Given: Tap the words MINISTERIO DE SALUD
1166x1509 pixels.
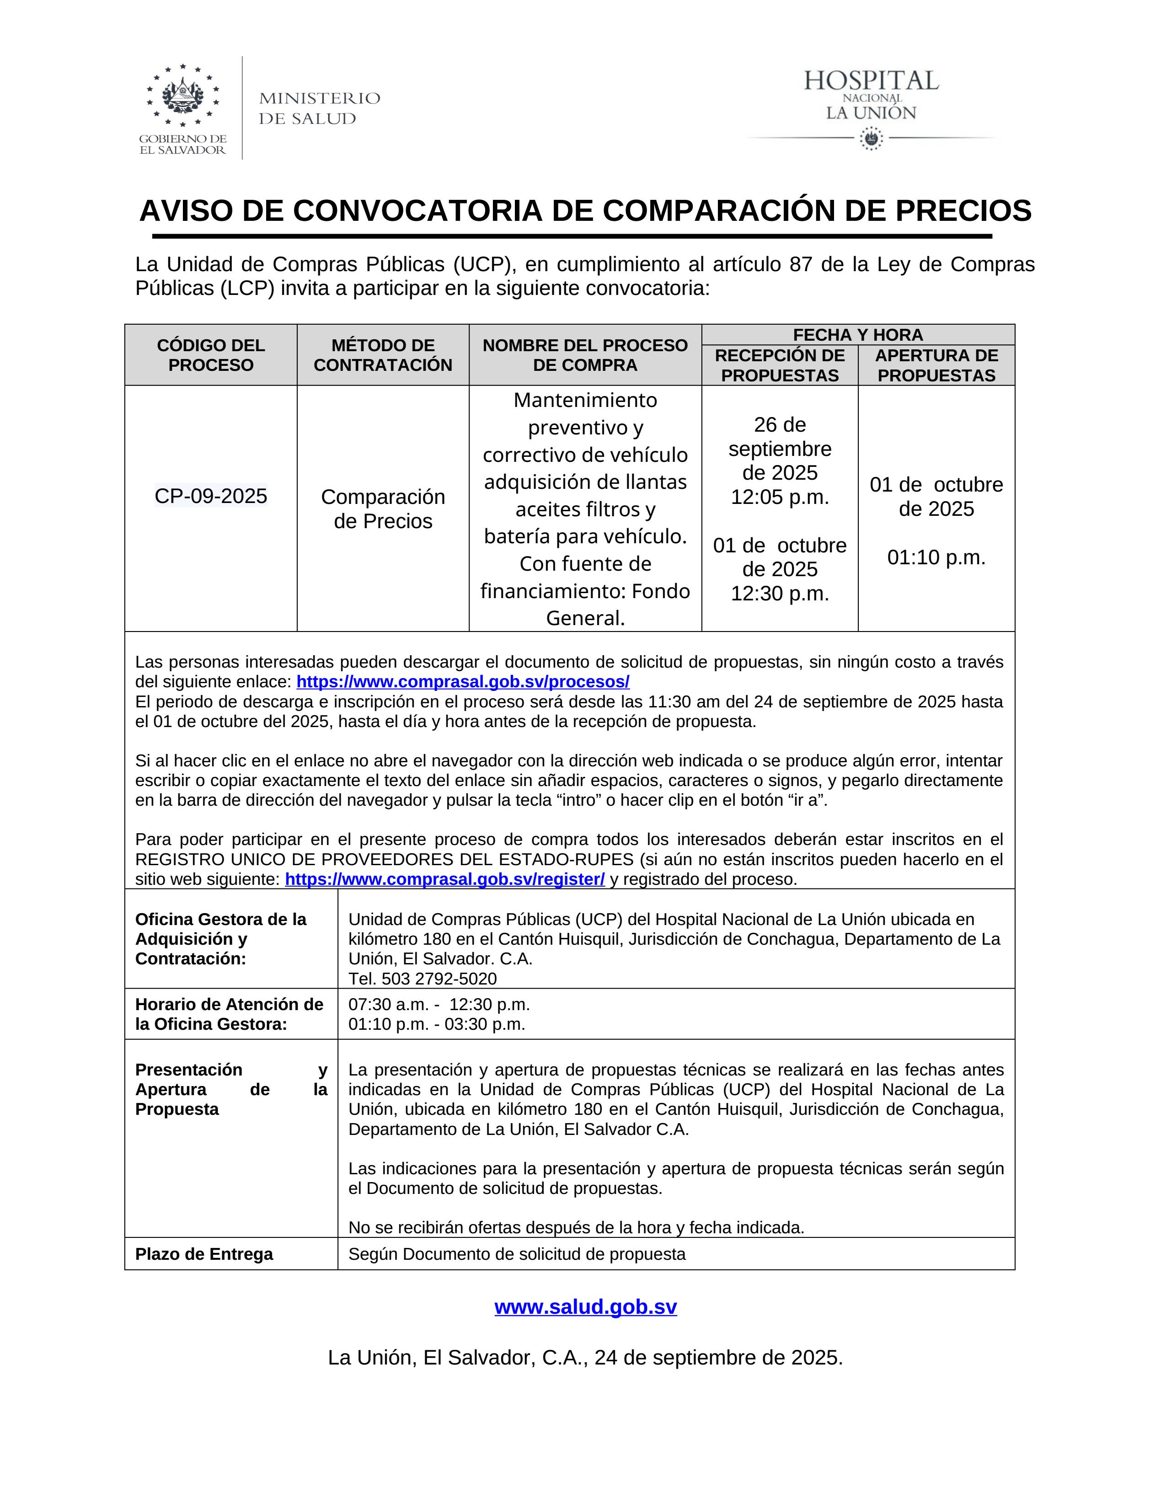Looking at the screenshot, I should pos(319,108).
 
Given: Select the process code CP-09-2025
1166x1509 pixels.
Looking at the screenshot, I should pos(211,496).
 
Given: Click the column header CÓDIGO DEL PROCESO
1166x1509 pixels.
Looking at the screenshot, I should pos(211,355).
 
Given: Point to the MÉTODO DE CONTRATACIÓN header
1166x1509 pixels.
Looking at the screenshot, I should pos(383,355).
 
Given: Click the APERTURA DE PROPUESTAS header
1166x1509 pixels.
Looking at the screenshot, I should pos(936,365).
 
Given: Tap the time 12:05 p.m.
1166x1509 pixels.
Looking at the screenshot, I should pos(780,497).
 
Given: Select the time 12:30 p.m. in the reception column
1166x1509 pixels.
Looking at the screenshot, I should pos(780,594).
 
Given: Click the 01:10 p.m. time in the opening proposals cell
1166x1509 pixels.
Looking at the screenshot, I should pos(936,557).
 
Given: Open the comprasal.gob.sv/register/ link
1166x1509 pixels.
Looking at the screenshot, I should pos(445,879).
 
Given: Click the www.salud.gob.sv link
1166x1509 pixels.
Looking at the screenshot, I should pos(586,1306).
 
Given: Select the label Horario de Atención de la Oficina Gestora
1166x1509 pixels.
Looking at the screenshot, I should pos(229,1014).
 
